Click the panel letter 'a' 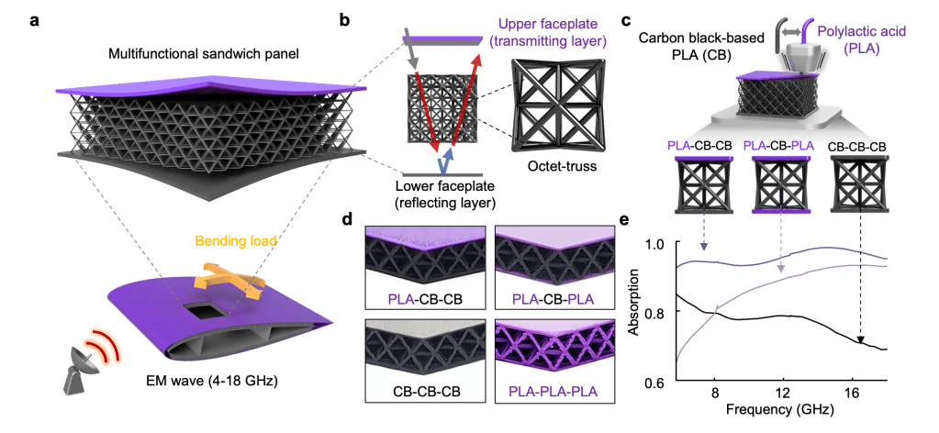(x=34, y=17)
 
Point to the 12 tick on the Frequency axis (x=781, y=394)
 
